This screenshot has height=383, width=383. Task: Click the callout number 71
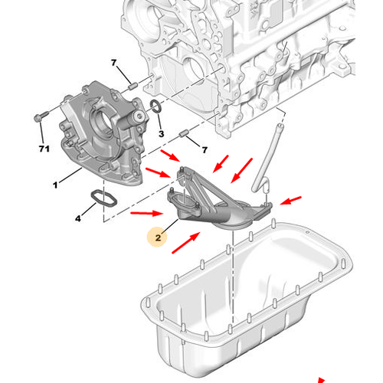tap(44, 149)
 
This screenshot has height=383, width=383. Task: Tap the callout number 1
tap(55, 185)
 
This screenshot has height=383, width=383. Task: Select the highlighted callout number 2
tap(158, 238)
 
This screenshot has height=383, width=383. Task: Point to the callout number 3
tap(161, 133)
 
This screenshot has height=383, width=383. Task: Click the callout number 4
tap(78, 218)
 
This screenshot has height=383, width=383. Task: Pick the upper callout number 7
tap(114, 63)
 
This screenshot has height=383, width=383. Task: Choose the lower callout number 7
tap(205, 150)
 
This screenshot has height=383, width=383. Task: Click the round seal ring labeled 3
tap(155, 106)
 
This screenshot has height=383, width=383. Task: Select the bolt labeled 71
tap(41, 116)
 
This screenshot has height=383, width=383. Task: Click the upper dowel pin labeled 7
tap(133, 86)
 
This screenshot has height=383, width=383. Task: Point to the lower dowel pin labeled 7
tap(184, 133)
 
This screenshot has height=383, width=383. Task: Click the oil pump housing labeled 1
tap(102, 133)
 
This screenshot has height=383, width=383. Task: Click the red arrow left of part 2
tap(147, 213)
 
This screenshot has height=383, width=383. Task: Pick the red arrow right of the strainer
tap(290, 201)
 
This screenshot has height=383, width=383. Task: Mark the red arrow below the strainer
tap(186, 243)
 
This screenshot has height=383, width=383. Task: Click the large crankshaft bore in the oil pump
tap(100, 120)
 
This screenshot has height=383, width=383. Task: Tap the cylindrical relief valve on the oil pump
tap(134, 118)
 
